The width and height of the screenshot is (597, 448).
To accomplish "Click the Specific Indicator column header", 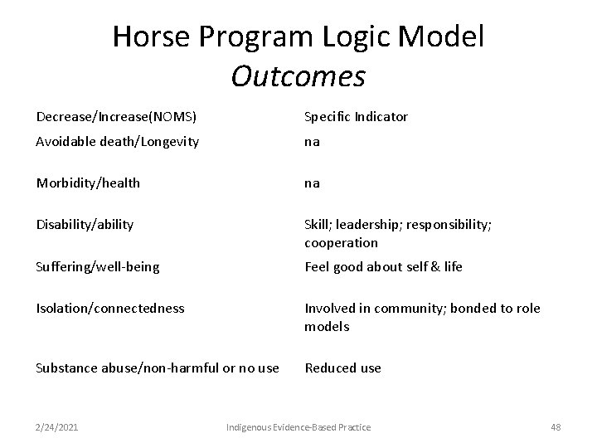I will (356, 117).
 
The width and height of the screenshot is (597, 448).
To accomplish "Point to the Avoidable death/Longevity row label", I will (117, 142).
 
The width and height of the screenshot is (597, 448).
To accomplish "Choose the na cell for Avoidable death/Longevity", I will (313, 142).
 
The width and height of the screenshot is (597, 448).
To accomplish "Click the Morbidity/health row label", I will (88, 183).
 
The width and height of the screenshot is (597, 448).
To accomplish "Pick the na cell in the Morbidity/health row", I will (313, 183).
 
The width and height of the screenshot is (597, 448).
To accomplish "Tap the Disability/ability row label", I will (85, 225).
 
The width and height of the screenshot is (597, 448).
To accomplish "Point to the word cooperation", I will (341, 243).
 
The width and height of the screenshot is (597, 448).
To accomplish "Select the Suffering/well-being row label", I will (98, 267).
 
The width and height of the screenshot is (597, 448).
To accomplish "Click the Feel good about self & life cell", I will (383, 267).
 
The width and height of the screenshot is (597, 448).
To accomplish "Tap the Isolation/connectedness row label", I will (110, 309).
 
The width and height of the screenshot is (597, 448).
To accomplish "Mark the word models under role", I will (327, 327).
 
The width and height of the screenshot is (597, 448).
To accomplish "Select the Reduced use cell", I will (342, 368).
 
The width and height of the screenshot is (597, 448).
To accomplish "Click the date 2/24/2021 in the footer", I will (58, 426).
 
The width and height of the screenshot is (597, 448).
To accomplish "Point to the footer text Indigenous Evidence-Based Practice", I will (298, 426).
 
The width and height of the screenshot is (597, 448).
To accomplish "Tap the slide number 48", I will (555, 426).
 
